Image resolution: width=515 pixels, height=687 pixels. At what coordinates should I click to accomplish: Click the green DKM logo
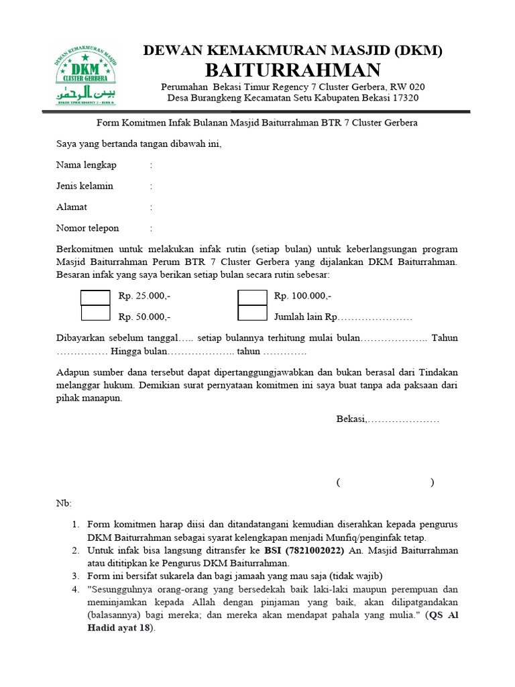85,74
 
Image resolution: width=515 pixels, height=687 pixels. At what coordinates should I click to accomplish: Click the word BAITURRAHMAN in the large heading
292,70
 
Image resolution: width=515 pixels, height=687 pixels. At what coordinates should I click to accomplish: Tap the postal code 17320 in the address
401,98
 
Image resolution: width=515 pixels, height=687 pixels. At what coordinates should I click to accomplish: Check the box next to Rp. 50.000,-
95,313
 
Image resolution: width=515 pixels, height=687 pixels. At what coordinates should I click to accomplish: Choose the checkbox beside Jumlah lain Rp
252,313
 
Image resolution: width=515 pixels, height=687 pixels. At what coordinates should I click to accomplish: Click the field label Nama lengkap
87,165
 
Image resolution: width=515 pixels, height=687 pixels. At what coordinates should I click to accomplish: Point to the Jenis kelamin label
84,186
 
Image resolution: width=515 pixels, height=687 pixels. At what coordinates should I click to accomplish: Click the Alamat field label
72,207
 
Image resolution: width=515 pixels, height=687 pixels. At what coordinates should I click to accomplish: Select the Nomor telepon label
87,228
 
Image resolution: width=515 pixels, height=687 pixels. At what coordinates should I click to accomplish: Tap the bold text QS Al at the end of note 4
444,615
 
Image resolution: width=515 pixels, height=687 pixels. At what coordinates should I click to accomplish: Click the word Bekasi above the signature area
351,419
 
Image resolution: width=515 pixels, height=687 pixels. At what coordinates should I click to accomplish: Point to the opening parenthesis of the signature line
339,482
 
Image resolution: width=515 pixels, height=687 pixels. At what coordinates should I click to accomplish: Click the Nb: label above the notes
62,503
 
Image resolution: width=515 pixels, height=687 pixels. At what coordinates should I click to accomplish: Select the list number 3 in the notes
75,576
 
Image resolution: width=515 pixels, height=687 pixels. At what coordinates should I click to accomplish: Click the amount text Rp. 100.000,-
302,297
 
